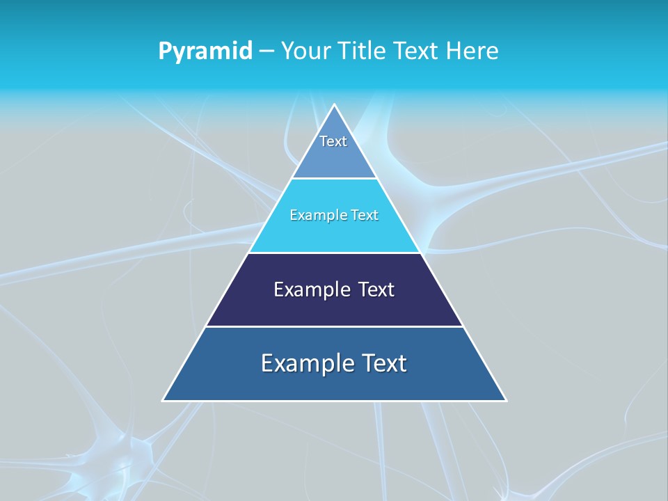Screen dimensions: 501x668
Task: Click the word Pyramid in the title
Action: coord(205,51)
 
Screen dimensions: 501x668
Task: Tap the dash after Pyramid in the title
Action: coord(267,51)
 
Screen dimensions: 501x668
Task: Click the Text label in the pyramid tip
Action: coord(333,141)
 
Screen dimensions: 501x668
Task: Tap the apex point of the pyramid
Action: coord(335,105)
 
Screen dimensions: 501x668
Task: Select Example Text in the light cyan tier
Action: coord(334,215)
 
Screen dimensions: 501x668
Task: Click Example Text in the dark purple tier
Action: coord(334,289)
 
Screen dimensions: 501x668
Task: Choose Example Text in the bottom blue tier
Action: coord(334,363)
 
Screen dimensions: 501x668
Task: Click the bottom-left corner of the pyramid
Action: coord(164,400)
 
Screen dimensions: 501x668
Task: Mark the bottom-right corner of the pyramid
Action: coord(506,400)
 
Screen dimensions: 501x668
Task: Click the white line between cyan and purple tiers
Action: coord(334,253)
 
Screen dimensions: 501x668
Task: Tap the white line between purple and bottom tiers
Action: coord(334,326)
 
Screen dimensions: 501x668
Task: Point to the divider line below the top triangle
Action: coord(334,178)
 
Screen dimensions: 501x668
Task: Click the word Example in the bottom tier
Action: coord(305,363)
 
